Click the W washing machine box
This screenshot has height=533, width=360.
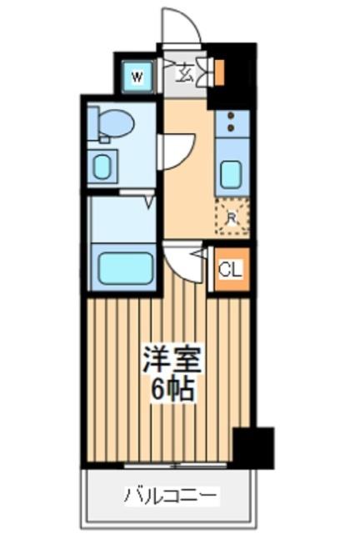(x=137, y=78)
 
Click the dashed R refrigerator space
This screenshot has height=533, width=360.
(x=232, y=219)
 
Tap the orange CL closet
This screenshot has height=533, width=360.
(x=230, y=269)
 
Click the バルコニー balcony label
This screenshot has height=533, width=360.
(x=172, y=497)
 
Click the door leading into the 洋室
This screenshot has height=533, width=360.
(x=183, y=262)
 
